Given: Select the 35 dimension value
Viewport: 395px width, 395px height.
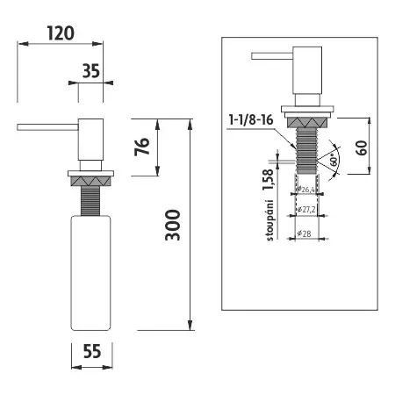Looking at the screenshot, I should point(90,71).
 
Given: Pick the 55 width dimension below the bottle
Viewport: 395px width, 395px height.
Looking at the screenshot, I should point(90,350).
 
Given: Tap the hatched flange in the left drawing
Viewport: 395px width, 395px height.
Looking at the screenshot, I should point(90,178).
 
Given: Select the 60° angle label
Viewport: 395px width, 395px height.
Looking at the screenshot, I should point(335,159).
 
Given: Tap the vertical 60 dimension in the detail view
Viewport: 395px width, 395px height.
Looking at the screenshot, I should point(361,147).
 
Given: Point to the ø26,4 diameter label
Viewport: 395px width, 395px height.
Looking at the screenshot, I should point(306,188).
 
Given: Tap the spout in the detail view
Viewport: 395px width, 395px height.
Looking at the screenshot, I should point(269,55).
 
